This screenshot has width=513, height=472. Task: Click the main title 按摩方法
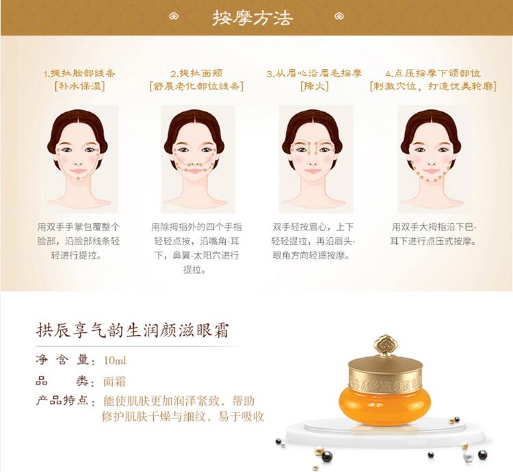[x=252, y=18]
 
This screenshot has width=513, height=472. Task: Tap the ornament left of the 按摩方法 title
[x=174, y=16]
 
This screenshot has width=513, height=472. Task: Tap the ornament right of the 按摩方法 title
[x=339, y=16]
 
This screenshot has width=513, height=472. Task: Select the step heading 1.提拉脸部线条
[x=79, y=73]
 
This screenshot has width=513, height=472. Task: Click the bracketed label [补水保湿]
[x=79, y=86]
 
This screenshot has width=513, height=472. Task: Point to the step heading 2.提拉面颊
[x=196, y=73]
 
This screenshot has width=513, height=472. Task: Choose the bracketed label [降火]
[x=315, y=86]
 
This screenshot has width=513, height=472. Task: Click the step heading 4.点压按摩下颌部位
[x=433, y=73]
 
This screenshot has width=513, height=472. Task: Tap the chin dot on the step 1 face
[x=78, y=179]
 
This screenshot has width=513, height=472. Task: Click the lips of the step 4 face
[x=432, y=171]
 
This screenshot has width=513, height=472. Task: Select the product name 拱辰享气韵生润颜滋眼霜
[x=132, y=330]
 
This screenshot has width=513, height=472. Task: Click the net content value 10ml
[x=114, y=360]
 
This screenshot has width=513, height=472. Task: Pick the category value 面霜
[x=114, y=382]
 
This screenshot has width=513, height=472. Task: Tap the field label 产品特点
[x=62, y=400]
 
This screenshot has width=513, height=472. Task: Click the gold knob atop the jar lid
[x=385, y=346]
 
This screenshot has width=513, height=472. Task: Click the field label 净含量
[x=62, y=360]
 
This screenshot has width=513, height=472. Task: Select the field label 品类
[x=62, y=381]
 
